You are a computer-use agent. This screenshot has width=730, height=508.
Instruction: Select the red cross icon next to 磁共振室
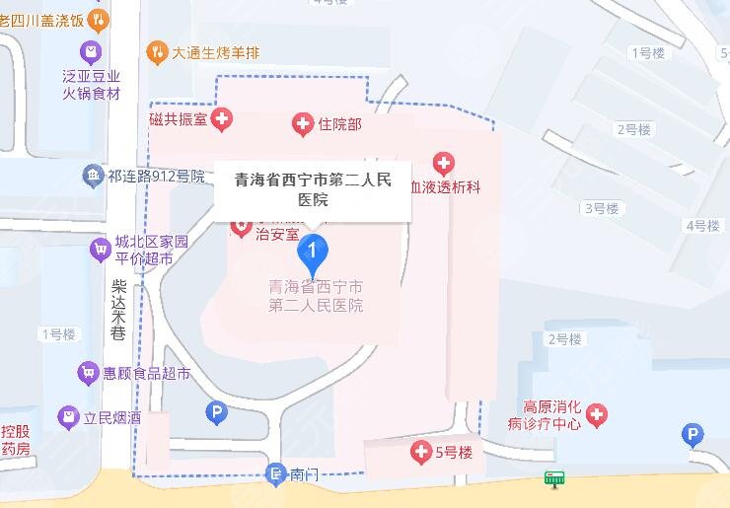pyautogui.click(x=222, y=119)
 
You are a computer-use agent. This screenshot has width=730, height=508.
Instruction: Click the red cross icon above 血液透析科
pyautogui.click(x=444, y=163)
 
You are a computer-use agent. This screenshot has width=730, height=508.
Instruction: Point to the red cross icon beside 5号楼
pyautogui.click(x=420, y=453)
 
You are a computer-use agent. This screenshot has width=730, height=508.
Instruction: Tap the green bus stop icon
pyautogui.click(x=555, y=479)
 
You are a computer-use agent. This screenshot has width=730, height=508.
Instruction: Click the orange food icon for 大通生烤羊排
pyautogui.click(x=157, y=52)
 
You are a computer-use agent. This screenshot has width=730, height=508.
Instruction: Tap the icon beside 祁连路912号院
pyautogui.click(x=94, y=177)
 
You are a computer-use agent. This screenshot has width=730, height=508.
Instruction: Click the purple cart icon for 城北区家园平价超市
pyautogui.click(x=99, y=249)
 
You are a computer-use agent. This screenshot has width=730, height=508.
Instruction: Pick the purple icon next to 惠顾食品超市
pyautogui.click(x=88, y=374)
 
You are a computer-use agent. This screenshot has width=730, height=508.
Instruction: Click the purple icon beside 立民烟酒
pyautogui.click(x=67, y=417)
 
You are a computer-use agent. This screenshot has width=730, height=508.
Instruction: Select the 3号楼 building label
pyautogui.click(x=601, y=208)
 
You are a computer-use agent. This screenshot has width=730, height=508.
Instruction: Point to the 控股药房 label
pyautogui.click(x=16, y=440)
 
